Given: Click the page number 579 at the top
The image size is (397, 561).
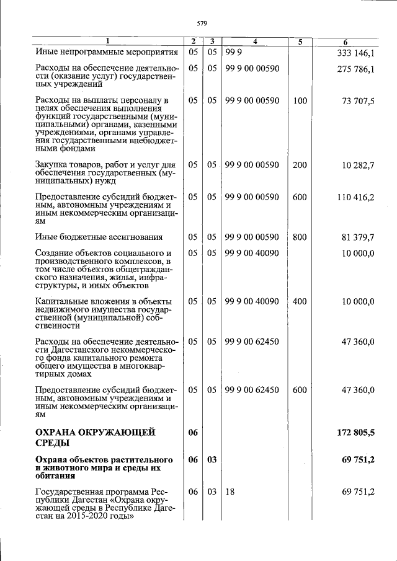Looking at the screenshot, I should click(x=201, y=23).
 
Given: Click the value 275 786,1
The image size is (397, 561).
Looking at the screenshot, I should click(x=355, y=69).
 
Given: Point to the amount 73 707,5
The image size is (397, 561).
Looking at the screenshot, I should click(x=358, y=100).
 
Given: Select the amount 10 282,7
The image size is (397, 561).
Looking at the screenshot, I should click(x=358, y=165).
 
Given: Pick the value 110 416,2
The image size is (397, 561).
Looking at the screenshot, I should click(x=355, y=197).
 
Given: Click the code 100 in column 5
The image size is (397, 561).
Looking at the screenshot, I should click(x=300, y=100).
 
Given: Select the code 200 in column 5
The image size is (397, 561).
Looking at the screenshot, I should click(x=300, y=165).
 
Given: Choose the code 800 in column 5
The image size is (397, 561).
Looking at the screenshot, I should click(x=300, y=237).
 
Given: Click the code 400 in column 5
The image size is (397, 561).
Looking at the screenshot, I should click(x=300, y=301).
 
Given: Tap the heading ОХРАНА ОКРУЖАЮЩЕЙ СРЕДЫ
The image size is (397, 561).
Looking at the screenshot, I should click(x=95, y=437).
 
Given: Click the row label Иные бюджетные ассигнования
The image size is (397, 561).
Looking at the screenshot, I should click(x=99, y=237).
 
